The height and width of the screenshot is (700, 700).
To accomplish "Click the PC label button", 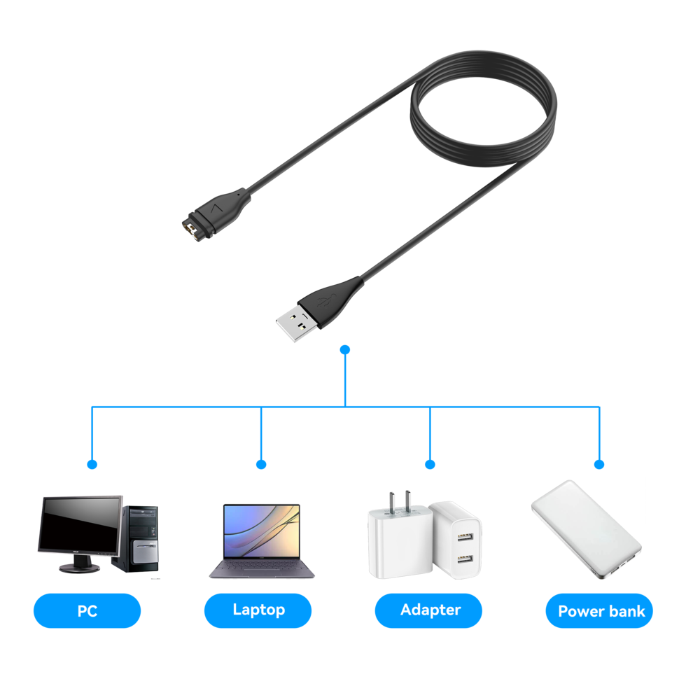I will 87,610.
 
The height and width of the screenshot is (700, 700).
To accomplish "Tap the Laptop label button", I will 258,610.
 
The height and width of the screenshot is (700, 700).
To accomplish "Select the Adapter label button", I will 429,610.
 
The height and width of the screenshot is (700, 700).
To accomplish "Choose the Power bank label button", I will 600,610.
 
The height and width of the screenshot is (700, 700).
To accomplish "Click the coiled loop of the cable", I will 483,112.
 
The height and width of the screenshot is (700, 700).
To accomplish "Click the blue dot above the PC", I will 92,464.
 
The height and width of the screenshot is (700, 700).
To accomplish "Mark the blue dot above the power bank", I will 599,464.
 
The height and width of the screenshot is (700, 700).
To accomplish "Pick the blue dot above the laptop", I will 261,464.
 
